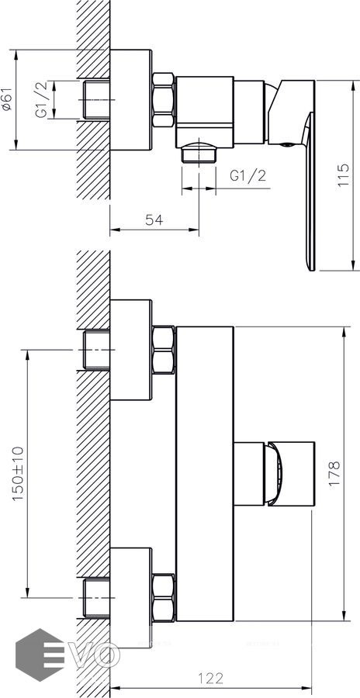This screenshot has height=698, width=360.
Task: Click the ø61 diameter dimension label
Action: coord(5,100)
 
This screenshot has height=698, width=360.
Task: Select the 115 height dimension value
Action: coord(344,175)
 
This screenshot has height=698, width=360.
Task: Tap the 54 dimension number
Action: coord(154,220)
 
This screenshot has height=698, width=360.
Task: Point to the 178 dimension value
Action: coord(334,473)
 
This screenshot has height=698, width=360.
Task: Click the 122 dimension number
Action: coord(210,679)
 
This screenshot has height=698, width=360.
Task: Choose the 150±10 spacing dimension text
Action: coord(19,474)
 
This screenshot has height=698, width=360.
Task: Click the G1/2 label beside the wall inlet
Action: coord(41,100)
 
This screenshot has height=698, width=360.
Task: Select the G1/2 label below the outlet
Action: coord(248,175)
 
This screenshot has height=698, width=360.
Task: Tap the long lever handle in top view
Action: coord(309,191)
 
